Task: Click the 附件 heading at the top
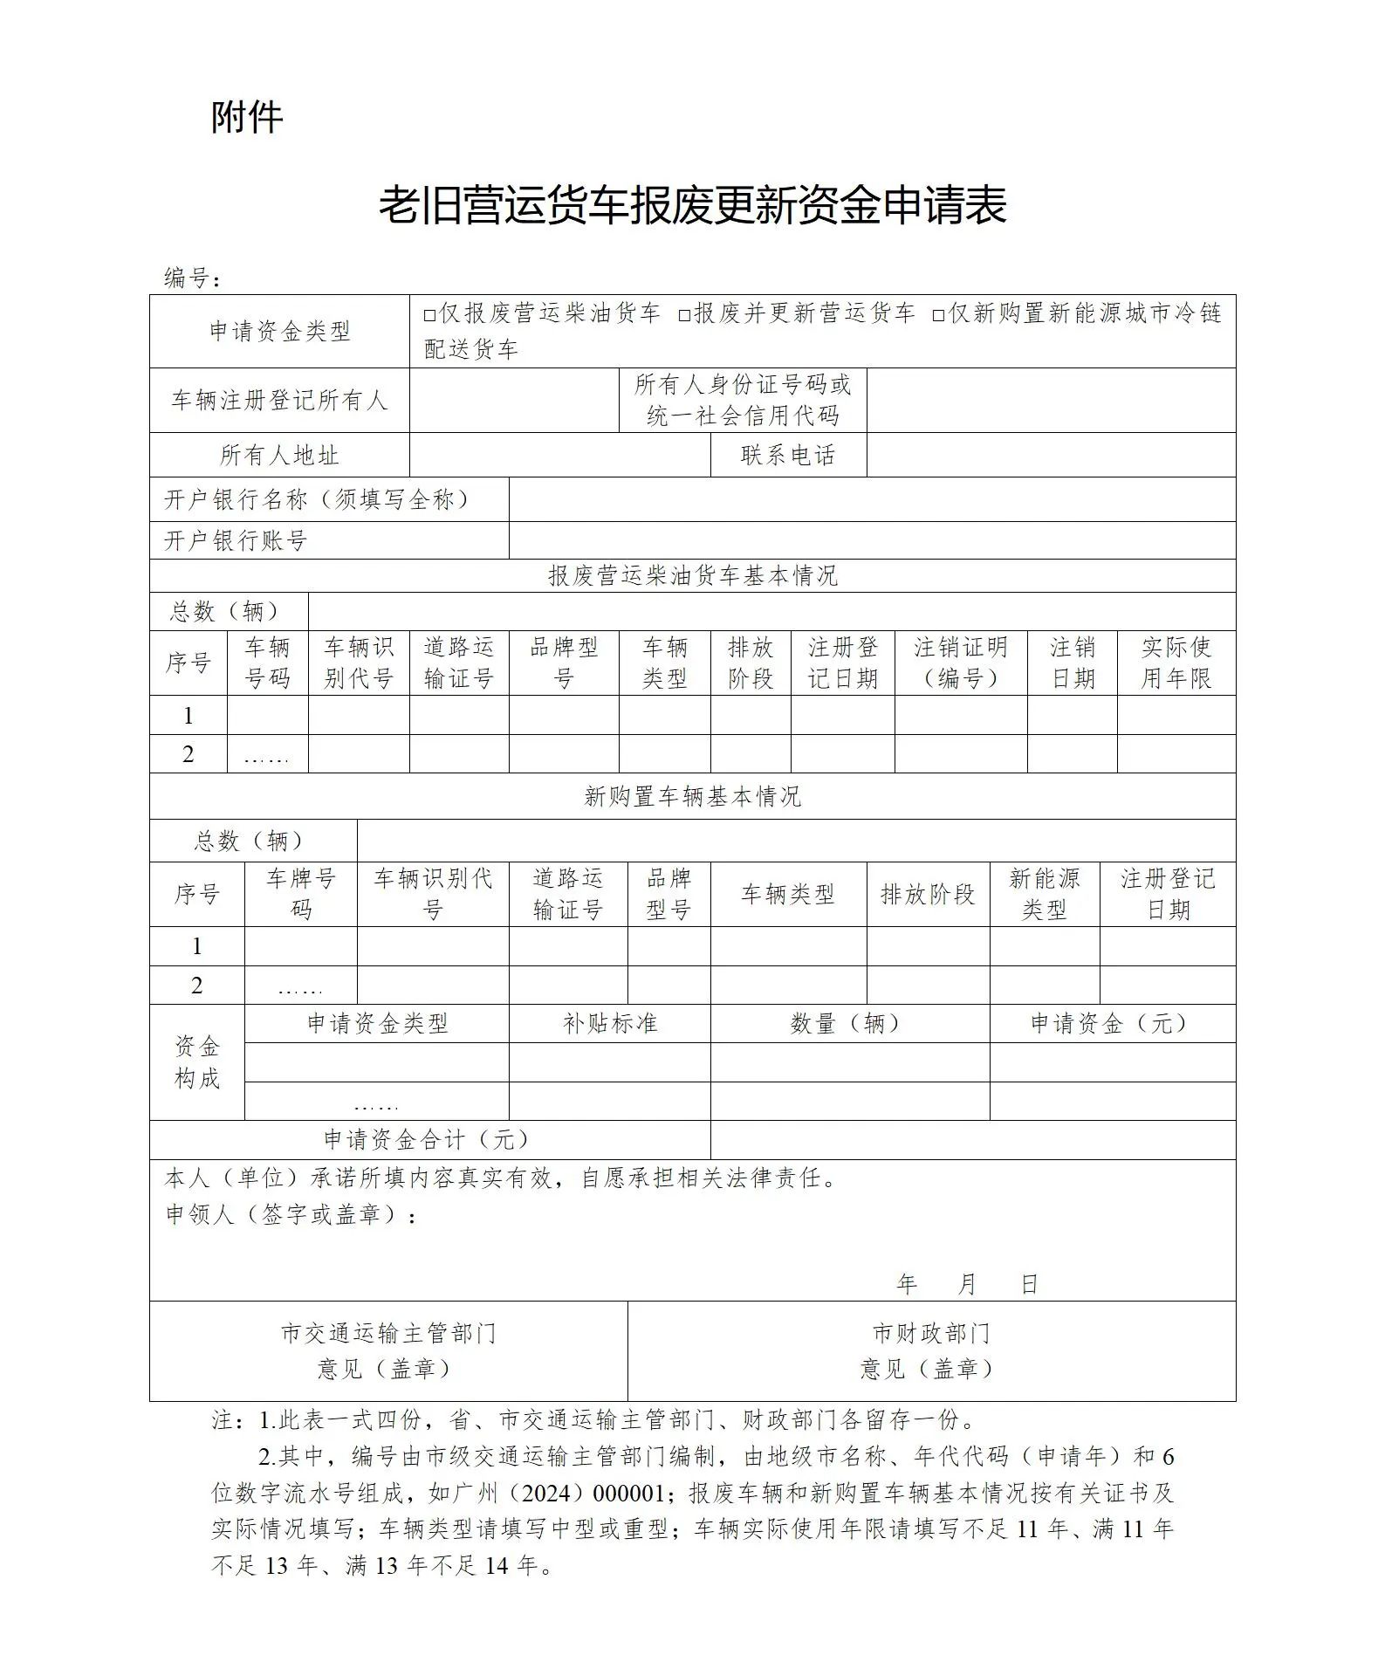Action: [247, 117]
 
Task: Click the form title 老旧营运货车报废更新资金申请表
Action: [692, 205]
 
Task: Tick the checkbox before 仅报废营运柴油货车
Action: [429, 315]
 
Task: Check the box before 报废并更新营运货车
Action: [684, 315]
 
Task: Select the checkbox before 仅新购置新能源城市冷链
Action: [939, 315]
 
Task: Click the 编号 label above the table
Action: [192, 278]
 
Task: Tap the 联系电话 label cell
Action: [787, 455]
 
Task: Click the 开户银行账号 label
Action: [236, 540]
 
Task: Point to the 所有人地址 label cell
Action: [278, 455]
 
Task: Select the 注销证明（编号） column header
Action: [960, 663]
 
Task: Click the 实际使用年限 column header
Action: [1176, 663]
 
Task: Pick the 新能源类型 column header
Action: [1044, 894]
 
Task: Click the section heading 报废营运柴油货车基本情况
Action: [692, 575]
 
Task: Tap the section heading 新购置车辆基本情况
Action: [692, 796]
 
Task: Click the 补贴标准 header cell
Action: [609, 1023]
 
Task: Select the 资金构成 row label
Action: [196, 1062]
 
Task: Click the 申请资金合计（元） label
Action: [427, 1139]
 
